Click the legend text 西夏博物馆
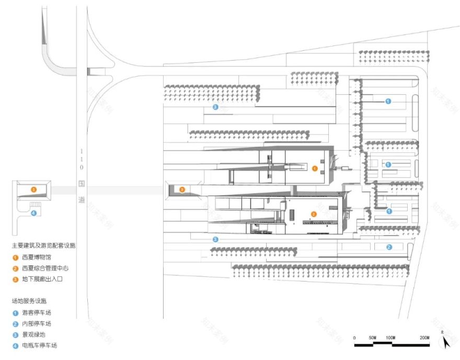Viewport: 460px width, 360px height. pyautogui.click(x=37, y=257)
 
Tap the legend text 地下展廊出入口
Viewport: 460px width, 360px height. pyautogui.click(x=42, y=279)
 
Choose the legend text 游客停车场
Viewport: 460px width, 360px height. pyautogui.click(x=37, y=312)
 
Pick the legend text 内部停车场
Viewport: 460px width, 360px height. pyautogui.click(x=37, y=323)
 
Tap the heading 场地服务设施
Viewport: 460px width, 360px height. pyautogui.click(x=29, y=301)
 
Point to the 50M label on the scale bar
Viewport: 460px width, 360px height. pyautogui.click(x=372, y=337)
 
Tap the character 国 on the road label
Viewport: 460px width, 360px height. pyautogui.click(x=81, y=184)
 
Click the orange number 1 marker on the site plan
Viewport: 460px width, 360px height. pyautogui.click(x=315, y=168)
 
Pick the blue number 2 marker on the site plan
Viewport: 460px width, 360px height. pyautogui.click(x=388, y=247)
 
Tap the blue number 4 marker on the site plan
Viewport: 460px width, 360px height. pyautogui.click(x=33, y=212)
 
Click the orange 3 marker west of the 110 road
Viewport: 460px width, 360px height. pyautogui.click(x=33, y=189)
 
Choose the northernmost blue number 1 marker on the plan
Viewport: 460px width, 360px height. pyautogui.click(x=388, y=101)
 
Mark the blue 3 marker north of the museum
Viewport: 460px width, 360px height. pyautogui.click(x=215, y=107)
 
